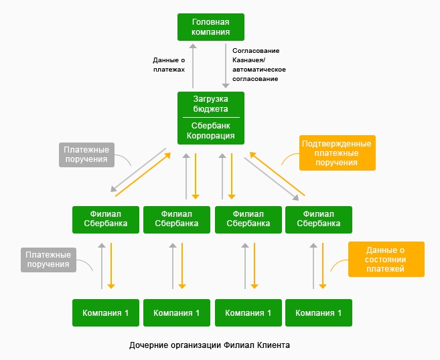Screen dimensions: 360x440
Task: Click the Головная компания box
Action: (211, 27)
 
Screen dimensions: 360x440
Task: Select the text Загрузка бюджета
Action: (211, 104)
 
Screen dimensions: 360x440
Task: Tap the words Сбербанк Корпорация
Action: (211, 130)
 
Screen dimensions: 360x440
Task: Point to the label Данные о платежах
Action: (169, 64)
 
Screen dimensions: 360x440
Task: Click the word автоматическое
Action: (259, 70)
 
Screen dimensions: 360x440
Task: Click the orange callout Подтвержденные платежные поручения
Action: (337, 153)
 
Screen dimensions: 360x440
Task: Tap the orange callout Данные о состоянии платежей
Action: (386, 259)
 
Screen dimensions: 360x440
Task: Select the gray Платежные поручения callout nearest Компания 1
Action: (48, 259)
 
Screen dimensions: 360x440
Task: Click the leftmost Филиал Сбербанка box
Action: (105, 219)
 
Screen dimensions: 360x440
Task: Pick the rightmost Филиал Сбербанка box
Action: (318, 219)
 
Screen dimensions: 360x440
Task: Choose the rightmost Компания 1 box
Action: (318, 312)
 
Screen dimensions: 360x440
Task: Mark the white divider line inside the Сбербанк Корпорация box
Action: (211, 117)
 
